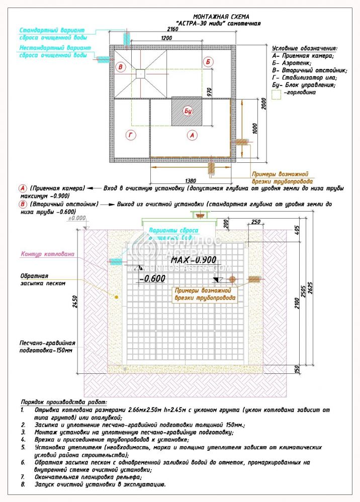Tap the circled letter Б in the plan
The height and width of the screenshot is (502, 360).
209,61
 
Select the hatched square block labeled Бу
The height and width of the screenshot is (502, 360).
188,112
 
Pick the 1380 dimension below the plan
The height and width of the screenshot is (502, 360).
190,180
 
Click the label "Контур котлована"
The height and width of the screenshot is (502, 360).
47,254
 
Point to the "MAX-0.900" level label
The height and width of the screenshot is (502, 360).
193,260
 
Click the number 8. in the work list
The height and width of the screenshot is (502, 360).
23,484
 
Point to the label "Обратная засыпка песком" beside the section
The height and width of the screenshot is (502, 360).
43,279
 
